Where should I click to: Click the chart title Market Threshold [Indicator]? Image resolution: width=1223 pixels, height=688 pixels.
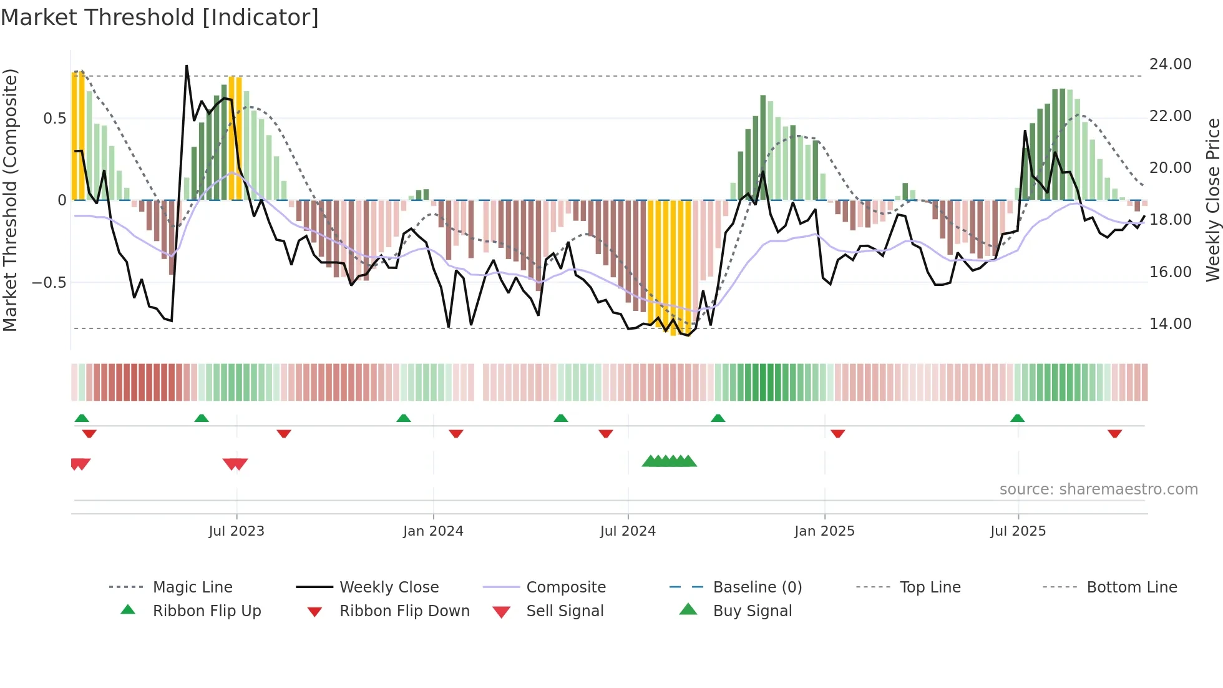point(160,17)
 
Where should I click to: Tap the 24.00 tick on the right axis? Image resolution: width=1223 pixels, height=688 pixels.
point(1170,64)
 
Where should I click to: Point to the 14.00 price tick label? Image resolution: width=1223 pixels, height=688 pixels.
point(1170,324)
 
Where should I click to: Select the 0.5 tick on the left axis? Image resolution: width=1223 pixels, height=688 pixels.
point(54,119)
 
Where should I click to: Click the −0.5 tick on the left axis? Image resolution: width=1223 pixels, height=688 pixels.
point(49,283)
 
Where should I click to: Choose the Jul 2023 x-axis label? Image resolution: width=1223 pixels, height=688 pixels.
point(236,531)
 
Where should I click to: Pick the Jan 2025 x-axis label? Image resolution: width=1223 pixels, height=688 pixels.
point(824,531)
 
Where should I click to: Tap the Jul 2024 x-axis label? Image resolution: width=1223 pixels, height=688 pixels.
point(628,531)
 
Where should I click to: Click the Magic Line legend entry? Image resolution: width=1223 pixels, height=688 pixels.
point(192,587)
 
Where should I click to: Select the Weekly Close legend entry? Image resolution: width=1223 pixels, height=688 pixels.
point(389,587)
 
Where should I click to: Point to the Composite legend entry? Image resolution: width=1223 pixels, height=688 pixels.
point(565,587)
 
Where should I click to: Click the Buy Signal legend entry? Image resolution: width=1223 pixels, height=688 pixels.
point(752,611)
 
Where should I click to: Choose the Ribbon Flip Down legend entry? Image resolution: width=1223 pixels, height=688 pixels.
point(404,611)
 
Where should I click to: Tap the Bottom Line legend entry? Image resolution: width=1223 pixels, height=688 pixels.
point(1131,587)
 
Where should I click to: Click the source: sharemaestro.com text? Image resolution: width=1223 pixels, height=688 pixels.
point(1098,489)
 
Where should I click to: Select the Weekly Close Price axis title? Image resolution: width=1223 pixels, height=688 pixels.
point(1212,200)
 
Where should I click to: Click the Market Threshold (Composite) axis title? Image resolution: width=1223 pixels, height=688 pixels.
point(10,200)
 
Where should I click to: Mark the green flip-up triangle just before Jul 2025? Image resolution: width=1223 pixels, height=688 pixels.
point(1017,418)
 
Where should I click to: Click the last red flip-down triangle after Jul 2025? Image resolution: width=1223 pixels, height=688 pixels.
point(1114,433)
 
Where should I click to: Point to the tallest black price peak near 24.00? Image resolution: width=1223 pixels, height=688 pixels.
point(187,66)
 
